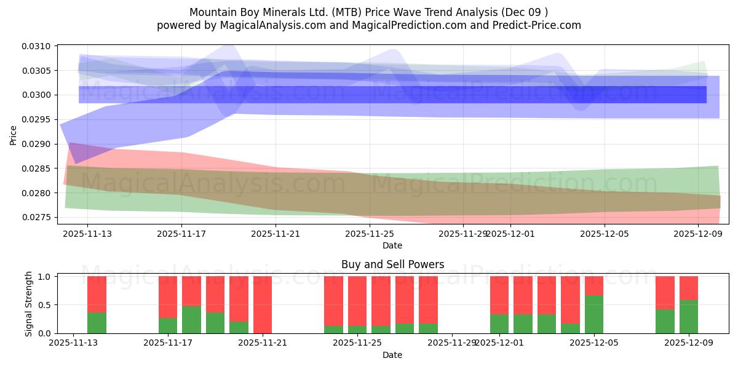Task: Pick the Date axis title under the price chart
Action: pos(392,245)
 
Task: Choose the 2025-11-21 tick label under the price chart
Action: pos(276,234)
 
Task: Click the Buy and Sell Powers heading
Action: pos(392,265)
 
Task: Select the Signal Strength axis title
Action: pos(28,303)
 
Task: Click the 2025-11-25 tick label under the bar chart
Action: pos(357,343)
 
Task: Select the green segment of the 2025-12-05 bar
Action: pos(594,314)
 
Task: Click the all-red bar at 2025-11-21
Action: pos(263,304)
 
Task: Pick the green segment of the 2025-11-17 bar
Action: pos(168,325)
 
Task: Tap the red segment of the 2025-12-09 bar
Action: pos(689,288)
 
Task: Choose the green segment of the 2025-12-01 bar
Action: pos(499,323)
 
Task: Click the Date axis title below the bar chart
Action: pos(392,355)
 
